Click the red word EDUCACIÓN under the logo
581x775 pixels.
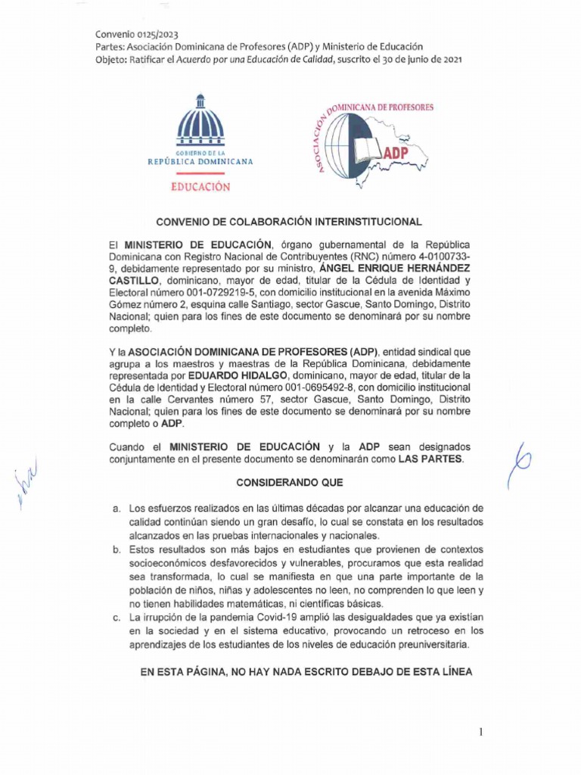200,186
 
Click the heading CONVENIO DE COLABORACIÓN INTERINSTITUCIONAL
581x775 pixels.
288,222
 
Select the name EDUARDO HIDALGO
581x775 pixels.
227,375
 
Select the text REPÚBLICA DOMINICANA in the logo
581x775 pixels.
200,162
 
